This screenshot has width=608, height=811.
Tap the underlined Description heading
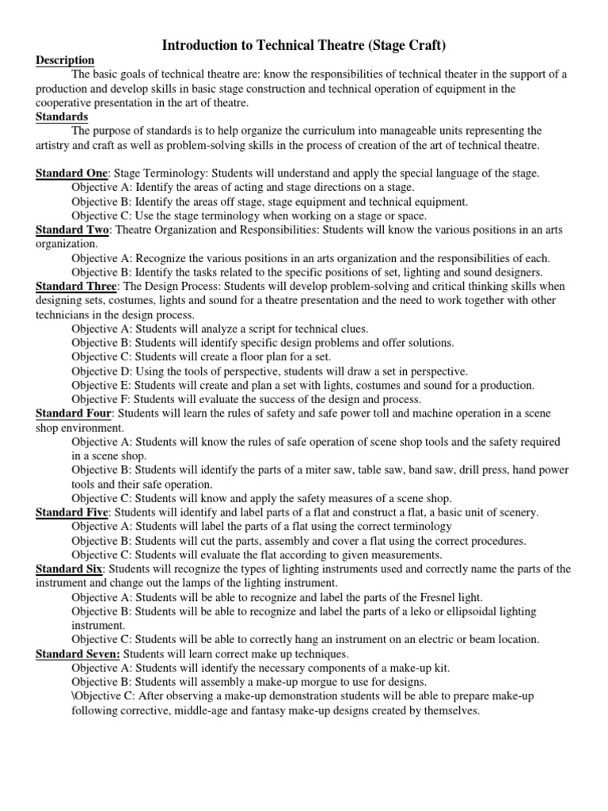coord(65,60)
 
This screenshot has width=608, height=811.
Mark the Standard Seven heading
coord(78,653)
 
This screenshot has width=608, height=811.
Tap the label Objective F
coord(101,399)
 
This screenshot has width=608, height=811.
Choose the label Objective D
coord(101,371)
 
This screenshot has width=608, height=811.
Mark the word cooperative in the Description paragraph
coord(66,103)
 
